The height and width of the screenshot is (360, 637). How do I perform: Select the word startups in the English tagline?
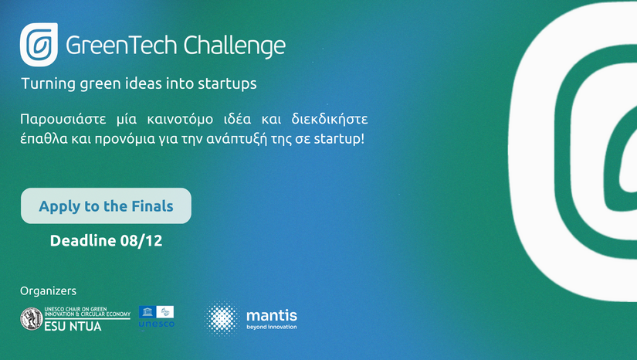(228, 83)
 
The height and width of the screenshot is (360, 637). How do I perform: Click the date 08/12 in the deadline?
(141, 241)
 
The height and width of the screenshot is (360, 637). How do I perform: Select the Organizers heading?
(48, 291)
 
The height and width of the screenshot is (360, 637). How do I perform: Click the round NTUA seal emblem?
(32, 318)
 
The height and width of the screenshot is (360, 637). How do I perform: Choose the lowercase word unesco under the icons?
(156, 324)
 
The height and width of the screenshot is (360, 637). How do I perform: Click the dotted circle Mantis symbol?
(221, 318)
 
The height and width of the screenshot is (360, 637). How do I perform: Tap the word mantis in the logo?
(271, 314)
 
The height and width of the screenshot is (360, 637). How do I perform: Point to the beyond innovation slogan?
(271, 327)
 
